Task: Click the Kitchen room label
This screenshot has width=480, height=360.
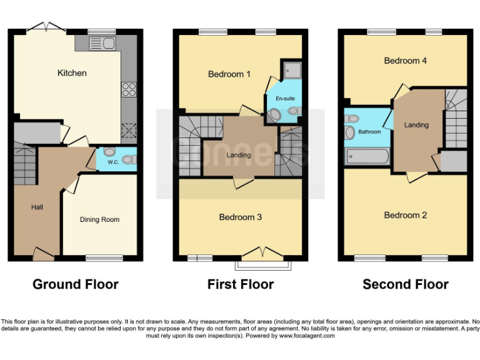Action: tap(72, 73)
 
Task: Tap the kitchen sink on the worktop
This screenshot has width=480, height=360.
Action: tap(102, 43)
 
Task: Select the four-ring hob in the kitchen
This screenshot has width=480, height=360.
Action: tap(129, 89)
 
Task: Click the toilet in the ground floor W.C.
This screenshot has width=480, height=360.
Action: tap(109, 152)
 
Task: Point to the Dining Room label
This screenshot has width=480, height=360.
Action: tap(99, 219)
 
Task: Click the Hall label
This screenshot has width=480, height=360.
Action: tap(37, 207)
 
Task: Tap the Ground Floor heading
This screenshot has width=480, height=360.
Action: tap(75, 284)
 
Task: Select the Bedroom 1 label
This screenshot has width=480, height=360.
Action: tap(229, 74)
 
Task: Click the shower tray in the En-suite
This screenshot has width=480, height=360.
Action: tap(292, 69)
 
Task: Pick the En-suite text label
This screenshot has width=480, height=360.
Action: tap(284, 99)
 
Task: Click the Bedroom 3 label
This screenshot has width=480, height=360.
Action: tap(240, 217)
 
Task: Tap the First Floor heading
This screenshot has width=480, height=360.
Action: tap(240, 284)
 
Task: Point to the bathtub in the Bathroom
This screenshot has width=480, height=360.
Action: tap(367, 156)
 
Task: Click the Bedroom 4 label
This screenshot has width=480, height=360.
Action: tap(405, 61)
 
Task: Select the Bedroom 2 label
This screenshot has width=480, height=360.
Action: tap(405, 215)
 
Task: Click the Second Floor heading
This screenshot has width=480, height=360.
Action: tap(405, 284)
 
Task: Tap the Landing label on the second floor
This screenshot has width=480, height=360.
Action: tap(416, 125)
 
